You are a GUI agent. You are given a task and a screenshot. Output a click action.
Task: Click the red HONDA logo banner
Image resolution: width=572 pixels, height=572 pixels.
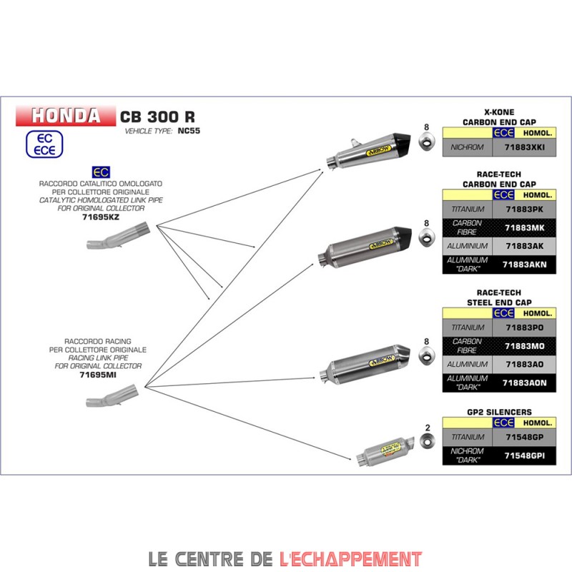click(x=66, y=116)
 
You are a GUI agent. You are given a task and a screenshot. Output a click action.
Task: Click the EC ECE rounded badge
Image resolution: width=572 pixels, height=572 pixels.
click(x=44, y=144)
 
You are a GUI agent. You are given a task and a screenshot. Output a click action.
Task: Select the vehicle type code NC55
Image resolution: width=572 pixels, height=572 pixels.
click(x=189, y=131)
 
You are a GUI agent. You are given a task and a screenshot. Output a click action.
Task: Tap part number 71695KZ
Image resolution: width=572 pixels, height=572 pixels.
click(x=101, y=217)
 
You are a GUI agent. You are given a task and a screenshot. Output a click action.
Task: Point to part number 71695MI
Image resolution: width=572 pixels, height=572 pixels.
click(x=98, y=375)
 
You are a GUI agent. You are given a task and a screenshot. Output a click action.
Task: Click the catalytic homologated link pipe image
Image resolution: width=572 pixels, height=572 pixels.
click(x=118, y=236)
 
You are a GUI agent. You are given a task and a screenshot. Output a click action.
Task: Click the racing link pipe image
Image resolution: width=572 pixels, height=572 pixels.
click(x=112, y=395)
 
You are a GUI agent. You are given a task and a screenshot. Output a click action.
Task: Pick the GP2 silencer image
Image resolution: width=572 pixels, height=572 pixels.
click(x=385, y=451)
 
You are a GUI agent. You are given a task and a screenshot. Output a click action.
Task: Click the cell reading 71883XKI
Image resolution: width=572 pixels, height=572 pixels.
click(x=524, y=147)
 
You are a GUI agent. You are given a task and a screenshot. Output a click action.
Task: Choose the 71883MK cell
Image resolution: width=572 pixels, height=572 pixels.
click(x=524, y=228)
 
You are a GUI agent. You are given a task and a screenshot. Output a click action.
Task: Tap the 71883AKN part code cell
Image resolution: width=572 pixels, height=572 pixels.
click(x=524, y=265)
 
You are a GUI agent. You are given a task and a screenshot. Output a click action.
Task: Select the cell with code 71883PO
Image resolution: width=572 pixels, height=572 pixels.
click(x=524, y=327)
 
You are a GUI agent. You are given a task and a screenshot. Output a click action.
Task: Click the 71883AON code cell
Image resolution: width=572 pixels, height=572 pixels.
click(x=524, y=383)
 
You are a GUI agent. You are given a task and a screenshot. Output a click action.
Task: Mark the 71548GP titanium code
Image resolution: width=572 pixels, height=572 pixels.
click(x=524, y=437)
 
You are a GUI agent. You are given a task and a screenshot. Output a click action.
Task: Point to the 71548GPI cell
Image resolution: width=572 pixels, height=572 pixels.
click(x=524, y=455)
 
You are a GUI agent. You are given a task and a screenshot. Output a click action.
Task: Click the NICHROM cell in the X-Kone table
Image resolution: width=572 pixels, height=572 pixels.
click(x=468, y=147)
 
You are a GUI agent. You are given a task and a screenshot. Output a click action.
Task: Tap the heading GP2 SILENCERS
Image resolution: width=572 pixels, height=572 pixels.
click(x=499, y=413)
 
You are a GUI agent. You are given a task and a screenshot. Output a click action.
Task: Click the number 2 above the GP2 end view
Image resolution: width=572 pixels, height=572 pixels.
click(x=428, y=428)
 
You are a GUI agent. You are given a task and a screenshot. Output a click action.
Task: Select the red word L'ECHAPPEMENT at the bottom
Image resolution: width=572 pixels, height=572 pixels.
click(x=350, y=559)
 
